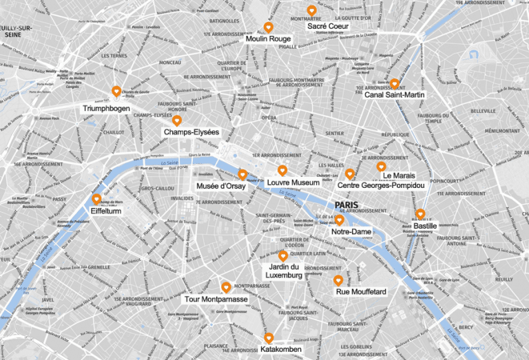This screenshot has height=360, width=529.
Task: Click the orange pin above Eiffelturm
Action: pyautogui.click(x=96, y=199)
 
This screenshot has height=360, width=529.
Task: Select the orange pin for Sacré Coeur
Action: pyautogui.click(x=312, y=10)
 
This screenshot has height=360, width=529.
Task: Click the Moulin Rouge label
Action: pyautogui.click(x=268, y=39)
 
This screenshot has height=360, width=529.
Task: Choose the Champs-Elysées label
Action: pyautogui.click(x=191, y=131)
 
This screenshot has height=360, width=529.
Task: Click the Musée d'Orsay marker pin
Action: pyautogui.click(x=242, y=174)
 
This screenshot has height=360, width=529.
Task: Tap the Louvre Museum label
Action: pyautogui.click(x=293, y=182)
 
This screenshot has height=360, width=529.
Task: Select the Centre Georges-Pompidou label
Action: pyautogui.click(x=380, y=185)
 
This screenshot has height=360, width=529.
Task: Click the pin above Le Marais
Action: pyautogui.click(x=381, y=167)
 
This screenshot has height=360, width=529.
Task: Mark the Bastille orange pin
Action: pyautogui.click(x=420, y=213)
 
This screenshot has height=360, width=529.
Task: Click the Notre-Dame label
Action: pyautogui.click(x=351, y=232)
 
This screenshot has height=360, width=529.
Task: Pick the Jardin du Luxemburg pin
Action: pyautogui.click(x=283, y=255)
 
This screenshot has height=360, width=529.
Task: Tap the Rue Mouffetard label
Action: pyautogui.click(x=361, y=292)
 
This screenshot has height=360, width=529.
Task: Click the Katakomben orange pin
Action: pyautogui.click(x=269, y=337)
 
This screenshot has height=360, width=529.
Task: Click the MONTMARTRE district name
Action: pyautogui.click(x=307, y=19)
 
